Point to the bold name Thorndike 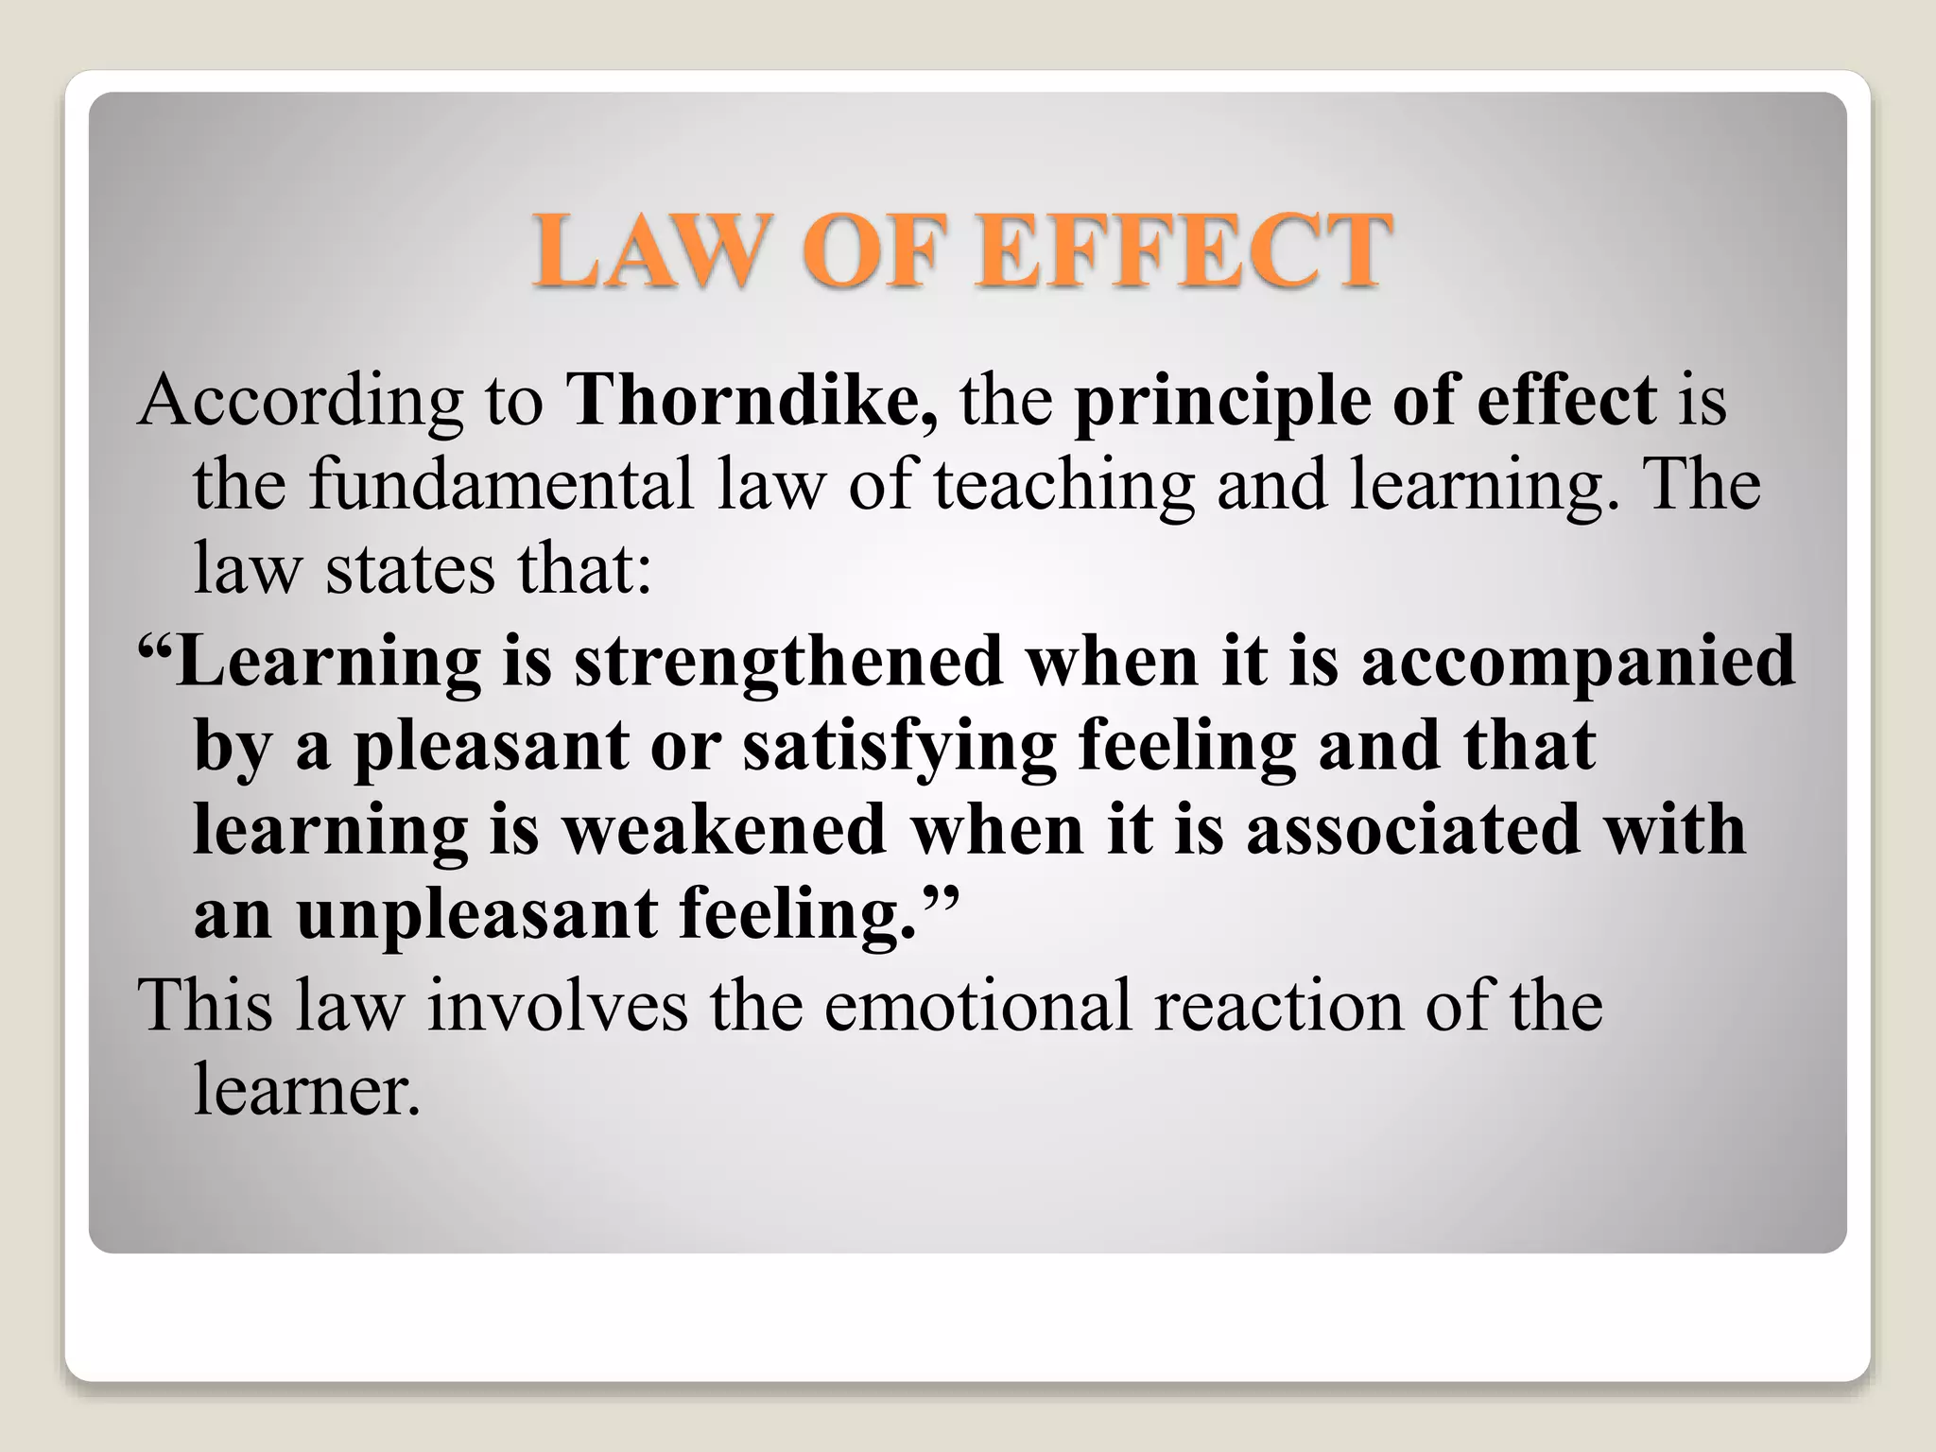(752, 401)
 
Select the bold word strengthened (789, 662)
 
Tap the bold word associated (1412, 829)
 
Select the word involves (558, 1005)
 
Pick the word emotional (977, 1005)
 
